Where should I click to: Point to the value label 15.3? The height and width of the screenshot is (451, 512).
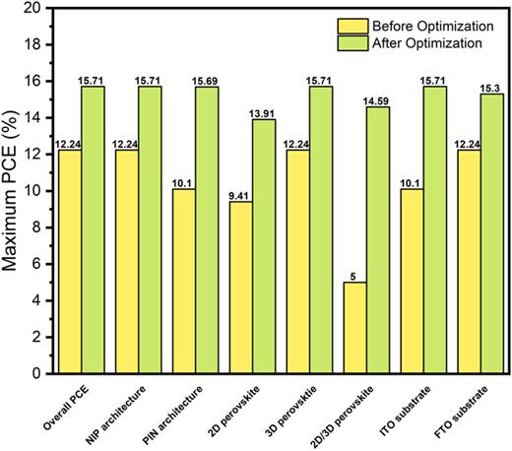tap(491, 87)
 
